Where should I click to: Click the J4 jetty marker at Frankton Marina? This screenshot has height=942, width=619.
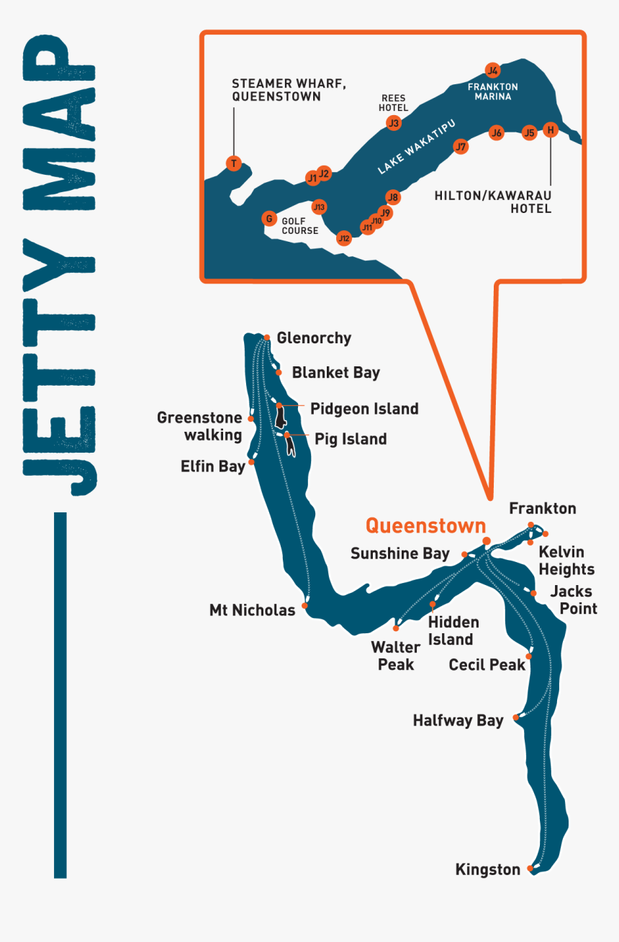pyautogui.click(x=492, y=71)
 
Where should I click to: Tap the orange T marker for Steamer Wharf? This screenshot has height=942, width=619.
pyautogui.click(x=233, y=163)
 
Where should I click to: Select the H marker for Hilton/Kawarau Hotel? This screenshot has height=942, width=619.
pyautogui.click(x=551, y=130)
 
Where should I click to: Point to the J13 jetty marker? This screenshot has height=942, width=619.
pyautogui.click(x=319, y=207)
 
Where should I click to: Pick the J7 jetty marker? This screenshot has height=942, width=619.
pyautogui.click(x=461, y=148)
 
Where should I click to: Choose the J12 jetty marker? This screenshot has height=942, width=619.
pyautogui.click(x=344, y=238)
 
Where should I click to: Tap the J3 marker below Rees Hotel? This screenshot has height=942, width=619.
pyautogui.click(x=393, y=123)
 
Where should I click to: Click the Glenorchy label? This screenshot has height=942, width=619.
pyautogui.click(x=314, y=338)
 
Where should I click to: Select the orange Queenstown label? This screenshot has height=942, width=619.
pyautogui.click(x=425, y=526)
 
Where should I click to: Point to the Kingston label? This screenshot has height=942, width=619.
pyautogui.click(x=487, y=869)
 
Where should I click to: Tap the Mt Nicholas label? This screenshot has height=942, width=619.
pyautogui.click(x=252, y=610)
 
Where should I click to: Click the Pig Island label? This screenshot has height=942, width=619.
pyautogui.click(x=351, y=439)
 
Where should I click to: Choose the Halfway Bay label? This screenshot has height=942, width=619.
pyautogui.click(x=458, y=720)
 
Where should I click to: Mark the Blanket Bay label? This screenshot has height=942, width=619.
pyautogui.click(x=335, y=373)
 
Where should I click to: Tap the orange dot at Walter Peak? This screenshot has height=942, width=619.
pyautogui.click(x=396, y=628)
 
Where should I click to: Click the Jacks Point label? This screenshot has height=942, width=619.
pyautogui.click(x=574, y=600)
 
